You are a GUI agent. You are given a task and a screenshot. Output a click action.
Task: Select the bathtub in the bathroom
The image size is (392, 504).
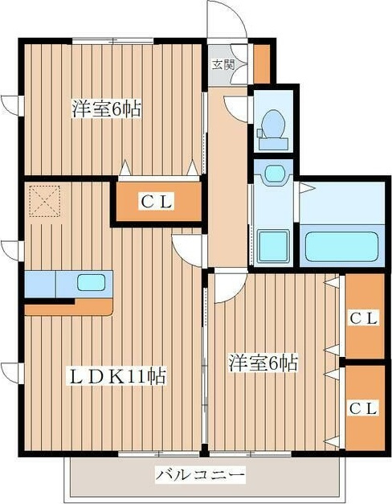point(341,247)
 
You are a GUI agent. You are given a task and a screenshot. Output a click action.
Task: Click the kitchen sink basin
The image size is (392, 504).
point(91,283)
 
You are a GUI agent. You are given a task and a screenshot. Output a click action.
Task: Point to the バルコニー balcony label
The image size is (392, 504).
point(200,475)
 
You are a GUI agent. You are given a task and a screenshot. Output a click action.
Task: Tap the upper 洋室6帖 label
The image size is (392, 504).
point(106,109)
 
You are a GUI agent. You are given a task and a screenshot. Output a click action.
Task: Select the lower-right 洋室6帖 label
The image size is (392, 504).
point(263,363)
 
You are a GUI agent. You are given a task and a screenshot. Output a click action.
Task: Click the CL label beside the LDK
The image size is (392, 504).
point(157,202)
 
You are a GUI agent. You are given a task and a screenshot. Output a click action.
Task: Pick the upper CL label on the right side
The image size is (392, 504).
point(363,318)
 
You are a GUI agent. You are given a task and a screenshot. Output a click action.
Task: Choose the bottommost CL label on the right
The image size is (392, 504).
point(363,408)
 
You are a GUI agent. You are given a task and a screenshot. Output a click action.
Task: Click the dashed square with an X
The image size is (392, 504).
point(45,201)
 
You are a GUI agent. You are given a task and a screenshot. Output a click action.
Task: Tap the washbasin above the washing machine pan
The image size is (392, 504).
point(274,174)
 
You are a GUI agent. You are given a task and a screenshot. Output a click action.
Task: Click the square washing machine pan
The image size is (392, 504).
point(274,246)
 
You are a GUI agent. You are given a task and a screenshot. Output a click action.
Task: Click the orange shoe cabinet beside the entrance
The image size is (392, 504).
point(262,64)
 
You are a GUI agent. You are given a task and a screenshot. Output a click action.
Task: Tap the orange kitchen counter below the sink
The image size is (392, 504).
point(69,308)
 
